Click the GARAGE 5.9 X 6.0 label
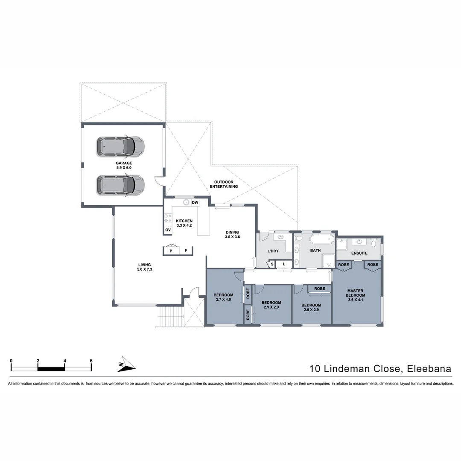(123, 165)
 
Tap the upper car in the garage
(120, 146)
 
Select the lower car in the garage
(120, 184)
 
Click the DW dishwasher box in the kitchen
(195, 202)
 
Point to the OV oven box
(168, 230)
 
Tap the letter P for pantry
(171, 251)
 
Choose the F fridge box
(186, 251)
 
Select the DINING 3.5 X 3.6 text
(232, 234)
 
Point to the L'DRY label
(273, 251)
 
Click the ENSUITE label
(359, 253)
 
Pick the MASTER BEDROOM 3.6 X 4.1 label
(355, 295)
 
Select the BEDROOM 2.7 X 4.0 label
(223, 297)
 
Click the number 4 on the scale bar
(64, 361)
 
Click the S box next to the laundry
(271, 265)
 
